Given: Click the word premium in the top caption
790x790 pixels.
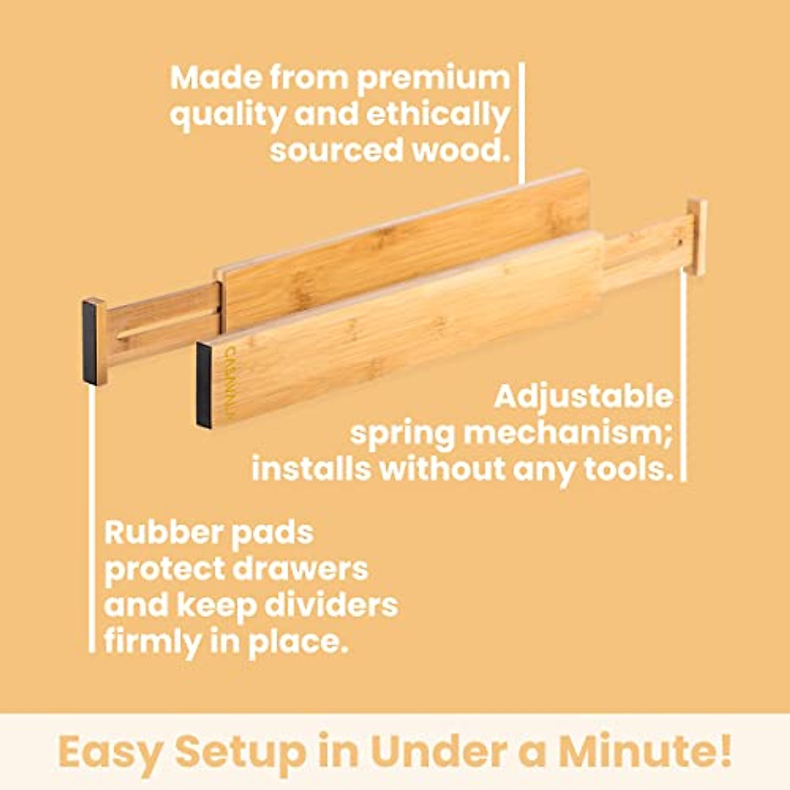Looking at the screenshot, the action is (433, 80).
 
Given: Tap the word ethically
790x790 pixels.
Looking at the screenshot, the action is (438, 117).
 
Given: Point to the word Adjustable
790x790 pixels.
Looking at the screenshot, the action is (583, 397).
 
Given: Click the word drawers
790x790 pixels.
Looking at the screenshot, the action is (301, 568).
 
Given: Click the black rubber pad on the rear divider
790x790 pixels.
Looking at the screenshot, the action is (90, 343).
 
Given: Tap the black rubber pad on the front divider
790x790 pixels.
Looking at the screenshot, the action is (203, 385).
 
